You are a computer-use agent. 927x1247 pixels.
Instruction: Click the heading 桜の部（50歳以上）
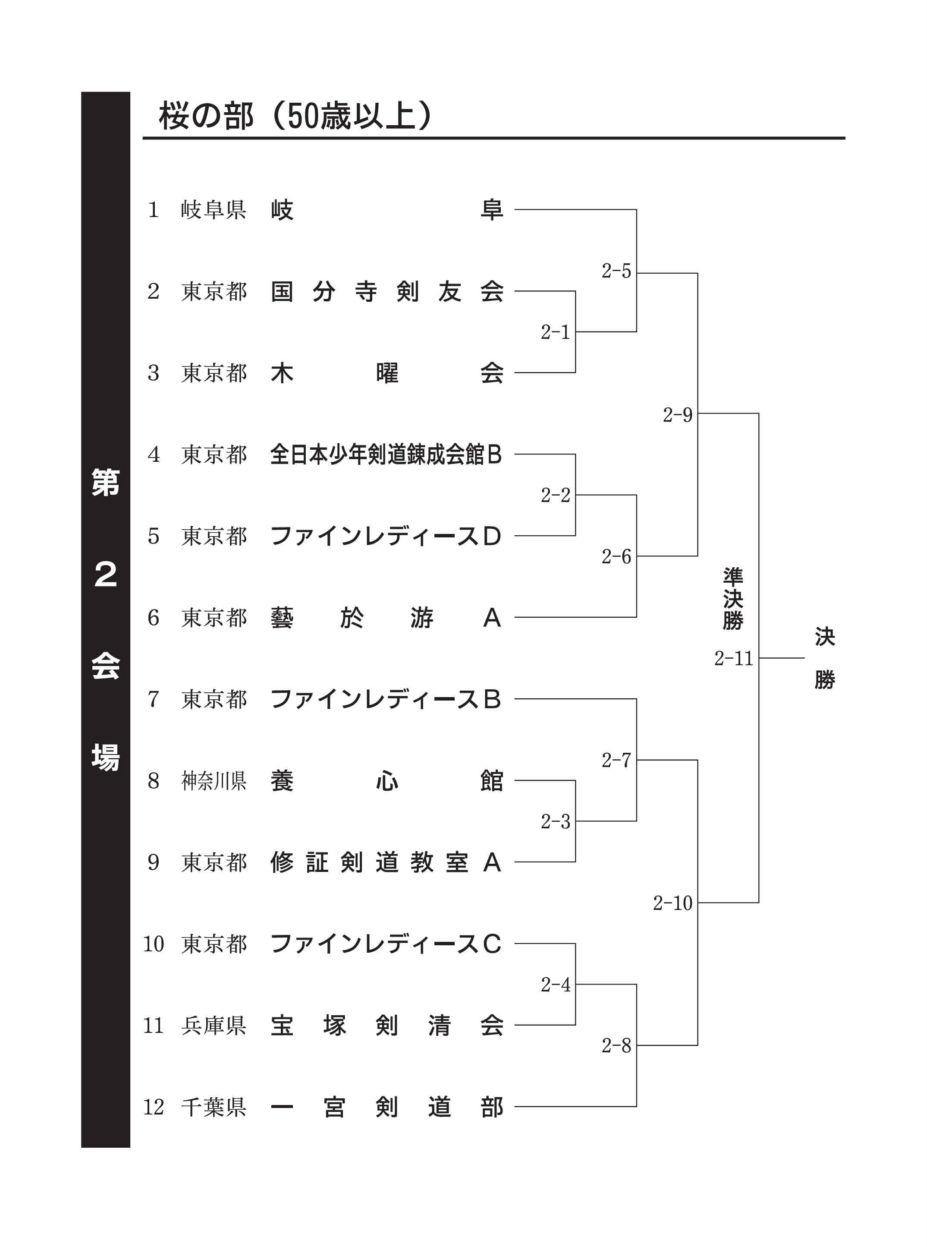coord(296,116)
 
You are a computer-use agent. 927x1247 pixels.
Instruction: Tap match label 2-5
coord(616,271)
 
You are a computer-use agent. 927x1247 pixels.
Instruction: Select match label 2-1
coord(555,332)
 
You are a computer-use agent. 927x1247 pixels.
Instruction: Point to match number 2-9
coord(677,415)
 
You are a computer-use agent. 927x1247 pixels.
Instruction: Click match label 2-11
coord(733,658)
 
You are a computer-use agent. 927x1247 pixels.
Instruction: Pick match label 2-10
coord(672,903)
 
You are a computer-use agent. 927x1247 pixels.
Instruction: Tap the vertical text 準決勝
coord(733,599)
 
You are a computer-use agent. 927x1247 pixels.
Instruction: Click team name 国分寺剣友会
coord(387,291)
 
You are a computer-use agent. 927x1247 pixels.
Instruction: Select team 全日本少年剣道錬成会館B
coord(386,454)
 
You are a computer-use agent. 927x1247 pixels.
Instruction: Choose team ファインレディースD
coord(386,536)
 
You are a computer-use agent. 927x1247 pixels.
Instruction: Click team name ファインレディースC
coord(386,944)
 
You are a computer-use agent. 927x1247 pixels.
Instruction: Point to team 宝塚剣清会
coord(387,1026)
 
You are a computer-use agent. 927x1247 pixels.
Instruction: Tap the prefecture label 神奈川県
coord(214,781)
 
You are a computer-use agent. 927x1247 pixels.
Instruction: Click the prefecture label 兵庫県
coord(214,1026)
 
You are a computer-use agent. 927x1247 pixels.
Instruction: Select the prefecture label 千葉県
coord(214,1107)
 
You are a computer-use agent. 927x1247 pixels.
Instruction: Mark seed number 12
coord(153,1107)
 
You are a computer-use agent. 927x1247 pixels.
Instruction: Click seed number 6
coord(153,618)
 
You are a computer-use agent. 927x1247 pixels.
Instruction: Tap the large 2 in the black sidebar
coord(106,575)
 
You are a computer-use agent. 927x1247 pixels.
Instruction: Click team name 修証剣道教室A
coord(386,862)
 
